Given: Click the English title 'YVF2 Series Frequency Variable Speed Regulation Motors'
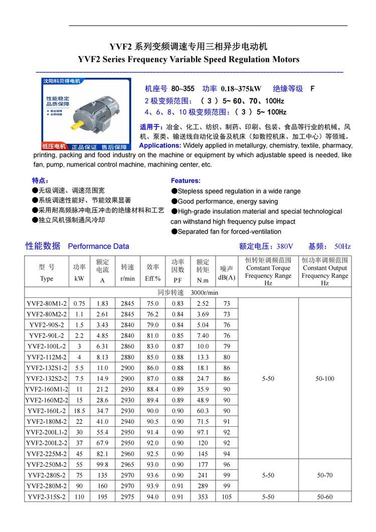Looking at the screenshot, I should tap(189, 59).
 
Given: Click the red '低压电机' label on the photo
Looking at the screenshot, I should tap(54, 146).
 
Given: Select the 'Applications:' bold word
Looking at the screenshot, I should tap(160, 145).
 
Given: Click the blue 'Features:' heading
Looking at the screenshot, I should tap(185, 181).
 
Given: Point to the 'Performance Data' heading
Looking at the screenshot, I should tap(98, 246).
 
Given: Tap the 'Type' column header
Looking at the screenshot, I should tap(46, 279).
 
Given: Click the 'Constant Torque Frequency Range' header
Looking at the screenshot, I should tap(268, 272).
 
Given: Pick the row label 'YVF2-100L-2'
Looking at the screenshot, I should tap(46, 346).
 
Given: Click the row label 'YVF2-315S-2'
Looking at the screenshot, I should tap(46, 497).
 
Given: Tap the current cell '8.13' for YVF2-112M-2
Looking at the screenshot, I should tap(102, 358).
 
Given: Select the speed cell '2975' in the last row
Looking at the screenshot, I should tap(127, 497).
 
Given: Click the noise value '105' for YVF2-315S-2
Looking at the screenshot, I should tap(227, 497).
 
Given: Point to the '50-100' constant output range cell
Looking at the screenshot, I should tap(325, 379).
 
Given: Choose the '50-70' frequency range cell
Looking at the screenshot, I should tap(325, 475).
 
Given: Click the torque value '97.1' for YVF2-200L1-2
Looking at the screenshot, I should tap(203, 432).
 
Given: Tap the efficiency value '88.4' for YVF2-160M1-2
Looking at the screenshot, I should tap(152, 390).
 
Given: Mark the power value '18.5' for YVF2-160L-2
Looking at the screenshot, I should tap(79, 411).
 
